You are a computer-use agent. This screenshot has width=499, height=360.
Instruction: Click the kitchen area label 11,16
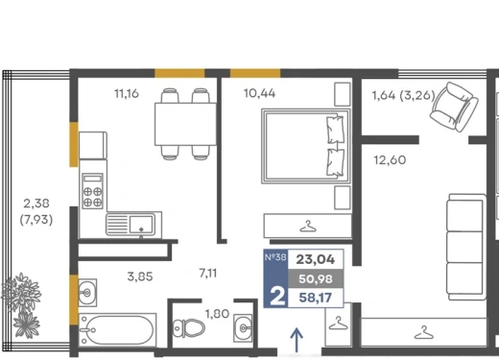coord(127,93)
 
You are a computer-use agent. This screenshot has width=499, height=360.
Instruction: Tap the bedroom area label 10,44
coord(259,93)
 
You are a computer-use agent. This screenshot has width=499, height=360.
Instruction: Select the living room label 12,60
coord(390,159)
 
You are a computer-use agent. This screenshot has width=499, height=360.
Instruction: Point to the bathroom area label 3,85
coord(140,276)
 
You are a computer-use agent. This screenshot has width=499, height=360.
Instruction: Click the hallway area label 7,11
coord(208,274)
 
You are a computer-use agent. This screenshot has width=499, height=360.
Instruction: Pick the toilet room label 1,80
coord(217,314)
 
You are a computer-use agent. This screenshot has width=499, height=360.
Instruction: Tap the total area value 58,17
coord(316,298)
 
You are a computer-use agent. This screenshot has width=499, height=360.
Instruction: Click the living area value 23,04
coord(316,259)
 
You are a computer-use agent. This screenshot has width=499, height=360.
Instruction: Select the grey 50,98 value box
coord(316,278)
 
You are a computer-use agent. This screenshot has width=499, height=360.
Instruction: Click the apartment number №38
coord(275,257)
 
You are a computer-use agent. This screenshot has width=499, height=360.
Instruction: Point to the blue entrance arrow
coord(297,340)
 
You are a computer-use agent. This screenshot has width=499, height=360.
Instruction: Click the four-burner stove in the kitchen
coord(93,191)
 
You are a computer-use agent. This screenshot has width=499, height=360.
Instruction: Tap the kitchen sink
coord(134,224)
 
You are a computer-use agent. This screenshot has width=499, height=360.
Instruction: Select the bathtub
coord(117,330)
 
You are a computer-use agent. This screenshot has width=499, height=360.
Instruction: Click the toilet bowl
coord(189,328)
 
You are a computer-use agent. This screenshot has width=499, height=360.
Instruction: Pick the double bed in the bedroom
coord(306,146)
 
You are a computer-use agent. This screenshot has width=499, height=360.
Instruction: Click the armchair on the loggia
coord(454,107)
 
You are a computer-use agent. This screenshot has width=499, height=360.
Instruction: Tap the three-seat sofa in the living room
coord(466,247)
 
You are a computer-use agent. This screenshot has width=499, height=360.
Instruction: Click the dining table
coord(185,124)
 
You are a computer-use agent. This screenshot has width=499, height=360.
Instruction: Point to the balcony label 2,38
coord(36,204)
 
